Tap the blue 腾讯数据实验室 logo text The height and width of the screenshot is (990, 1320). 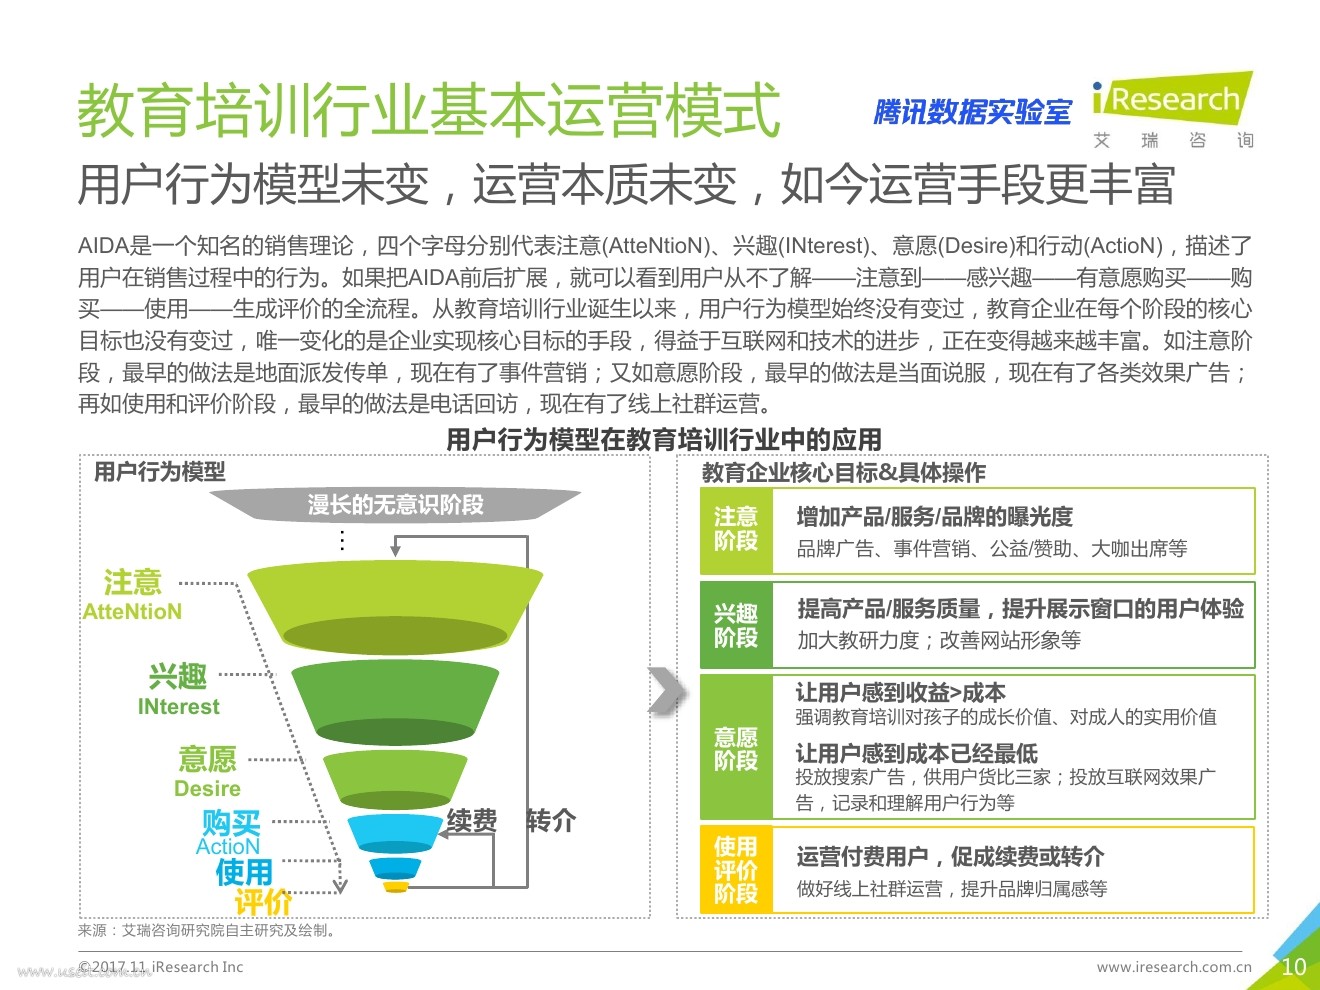click(972, 112)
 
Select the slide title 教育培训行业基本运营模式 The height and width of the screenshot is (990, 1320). click(429, 110)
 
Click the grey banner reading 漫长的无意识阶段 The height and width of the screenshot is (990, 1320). click(395, 504)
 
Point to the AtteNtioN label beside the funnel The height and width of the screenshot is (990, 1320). click(132, 611)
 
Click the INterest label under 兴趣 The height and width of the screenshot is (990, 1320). click(179, 706)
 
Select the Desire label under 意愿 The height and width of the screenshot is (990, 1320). click(207, 788)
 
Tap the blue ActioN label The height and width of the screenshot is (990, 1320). click(228, 846)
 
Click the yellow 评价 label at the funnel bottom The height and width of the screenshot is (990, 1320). click(263, 902)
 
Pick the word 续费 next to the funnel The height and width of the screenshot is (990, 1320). click(472, 820)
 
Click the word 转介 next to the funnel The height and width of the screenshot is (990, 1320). click(551, 820)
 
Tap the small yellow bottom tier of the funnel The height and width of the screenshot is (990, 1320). click(396, 887)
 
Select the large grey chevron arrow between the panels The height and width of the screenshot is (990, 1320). click(667, 691)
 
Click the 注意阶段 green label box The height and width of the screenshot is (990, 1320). click(736, 531)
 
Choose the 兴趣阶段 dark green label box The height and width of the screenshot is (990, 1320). click(736, 625)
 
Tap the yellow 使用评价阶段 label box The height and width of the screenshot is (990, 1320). click(736, 870)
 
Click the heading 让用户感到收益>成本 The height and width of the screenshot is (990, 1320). click(900, 693)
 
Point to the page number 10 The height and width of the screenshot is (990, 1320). click(1294, 967)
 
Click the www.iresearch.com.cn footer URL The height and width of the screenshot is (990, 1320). click(1174, 967)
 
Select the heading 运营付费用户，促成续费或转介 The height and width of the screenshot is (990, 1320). click(950, 857)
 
